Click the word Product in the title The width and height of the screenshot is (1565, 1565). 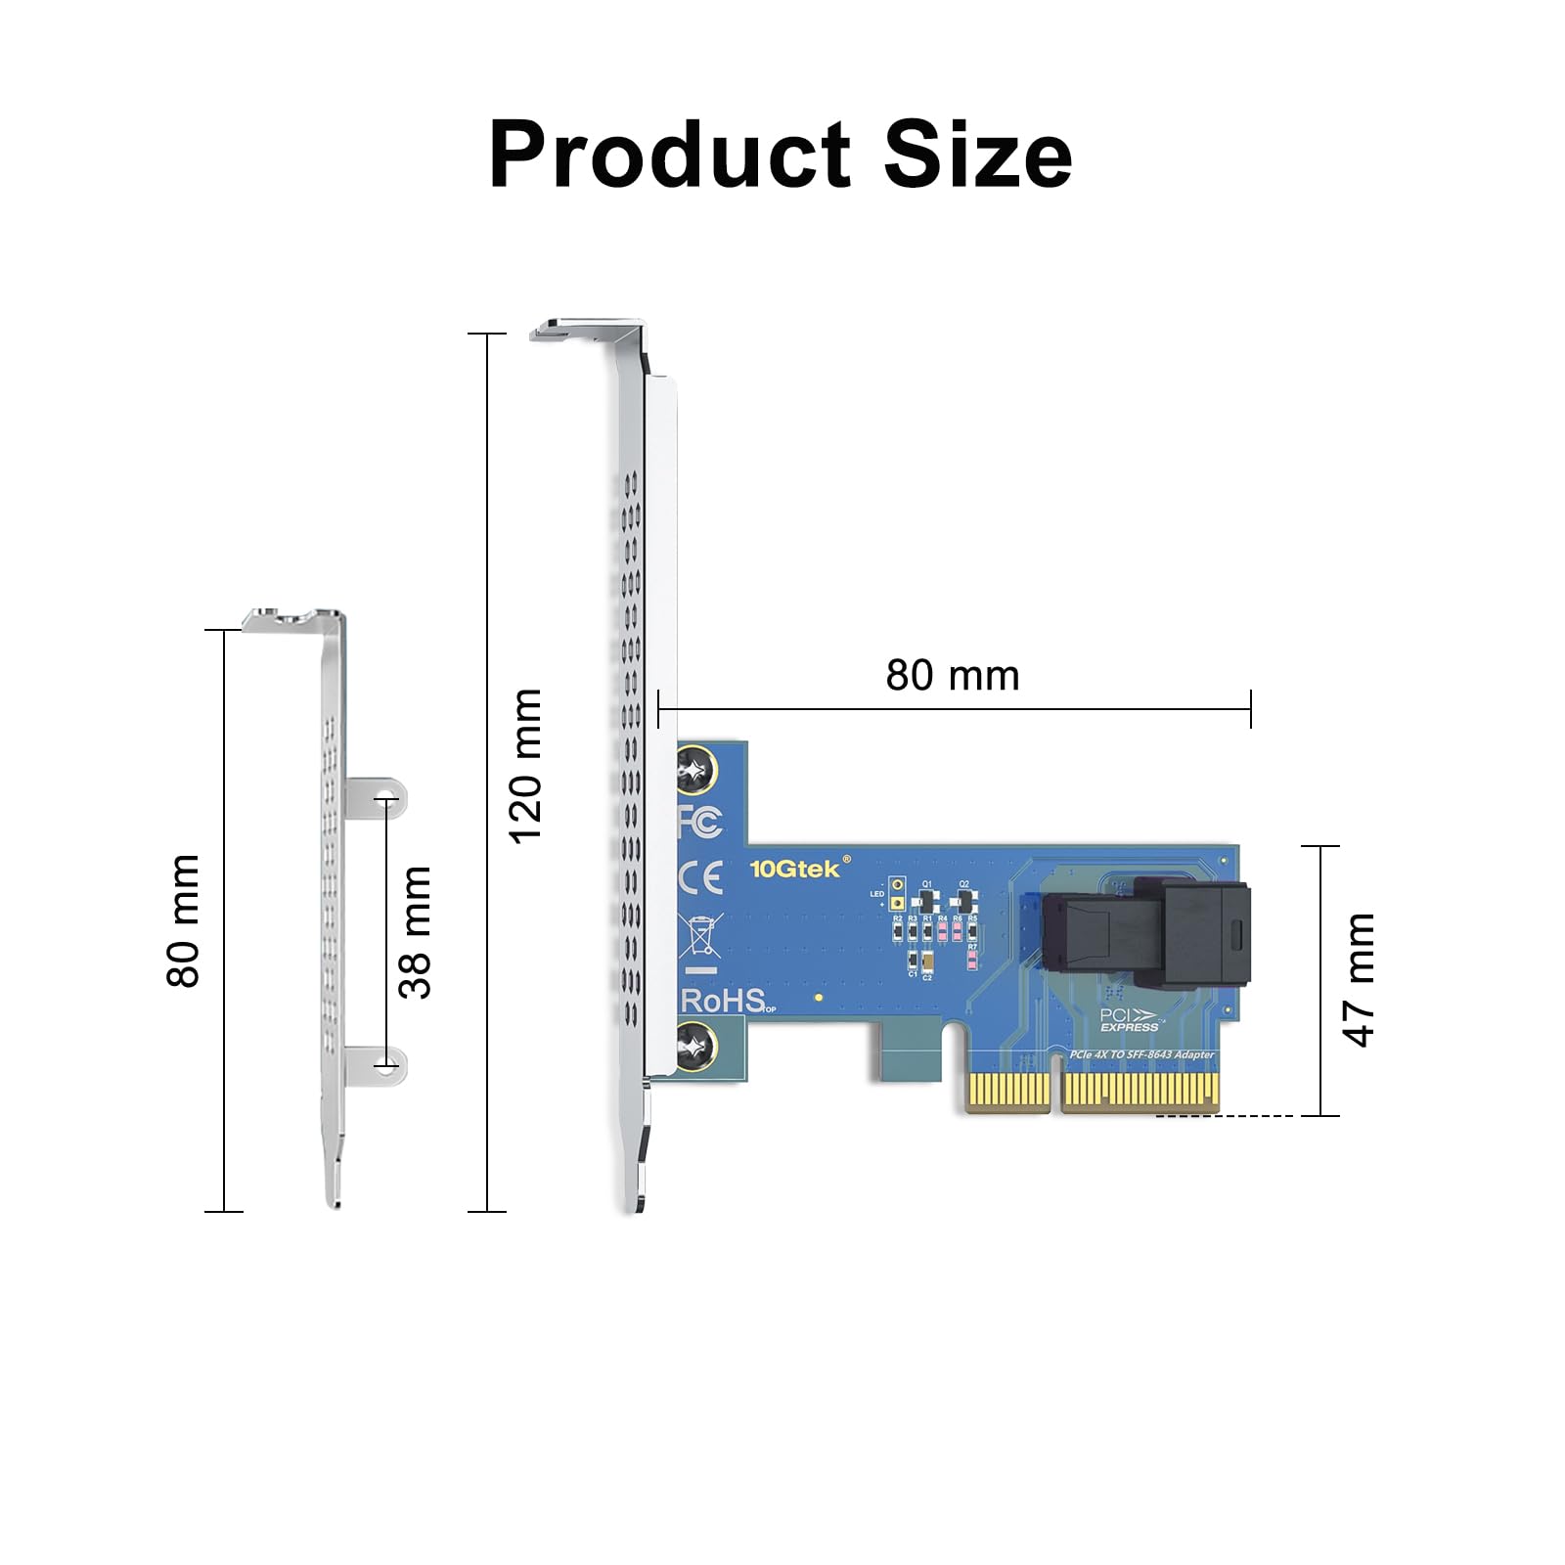670,155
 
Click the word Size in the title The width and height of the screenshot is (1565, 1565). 977,155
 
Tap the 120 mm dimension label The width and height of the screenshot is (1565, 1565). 525,765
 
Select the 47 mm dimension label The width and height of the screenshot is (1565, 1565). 1360,979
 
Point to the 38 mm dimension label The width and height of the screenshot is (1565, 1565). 416,931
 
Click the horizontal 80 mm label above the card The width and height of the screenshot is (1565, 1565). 952,676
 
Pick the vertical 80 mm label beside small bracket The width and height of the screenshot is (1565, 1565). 184,920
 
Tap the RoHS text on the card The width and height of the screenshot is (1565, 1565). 723,1001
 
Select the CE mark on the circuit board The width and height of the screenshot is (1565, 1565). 701,877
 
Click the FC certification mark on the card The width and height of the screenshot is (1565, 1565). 701,822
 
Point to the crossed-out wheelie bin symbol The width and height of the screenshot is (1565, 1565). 701,935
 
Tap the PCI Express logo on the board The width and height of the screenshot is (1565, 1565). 1128,1020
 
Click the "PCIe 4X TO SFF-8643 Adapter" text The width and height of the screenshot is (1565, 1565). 1141,1054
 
